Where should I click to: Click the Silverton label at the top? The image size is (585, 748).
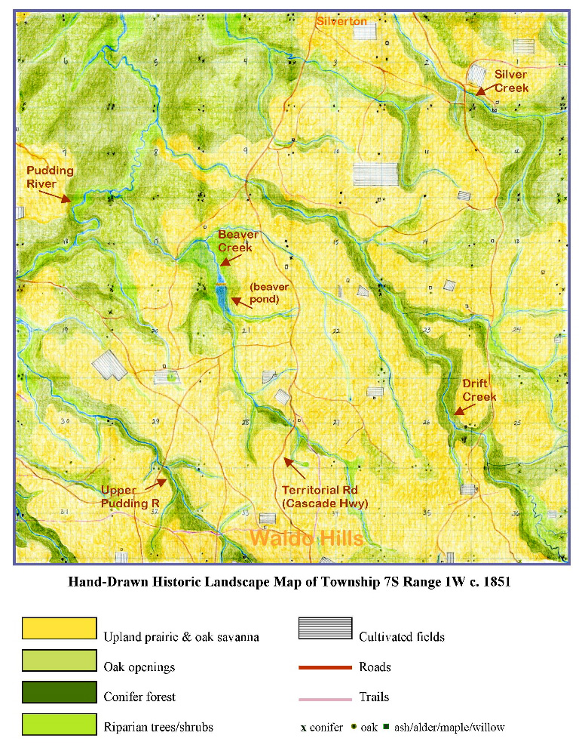[x=342, y=21]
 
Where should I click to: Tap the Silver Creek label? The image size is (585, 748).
[x=510, y=81]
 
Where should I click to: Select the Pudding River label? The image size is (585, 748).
[x=50, y=177]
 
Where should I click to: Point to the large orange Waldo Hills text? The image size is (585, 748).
[x=306, y=538]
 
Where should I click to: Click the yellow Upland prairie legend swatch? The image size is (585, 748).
[x=60, y=629]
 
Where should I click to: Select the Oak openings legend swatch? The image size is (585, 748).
[x=60, y=660]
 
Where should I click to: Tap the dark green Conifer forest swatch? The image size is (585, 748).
[x=60, y=692]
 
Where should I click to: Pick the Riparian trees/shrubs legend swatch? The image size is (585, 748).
[x=60, y=724]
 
